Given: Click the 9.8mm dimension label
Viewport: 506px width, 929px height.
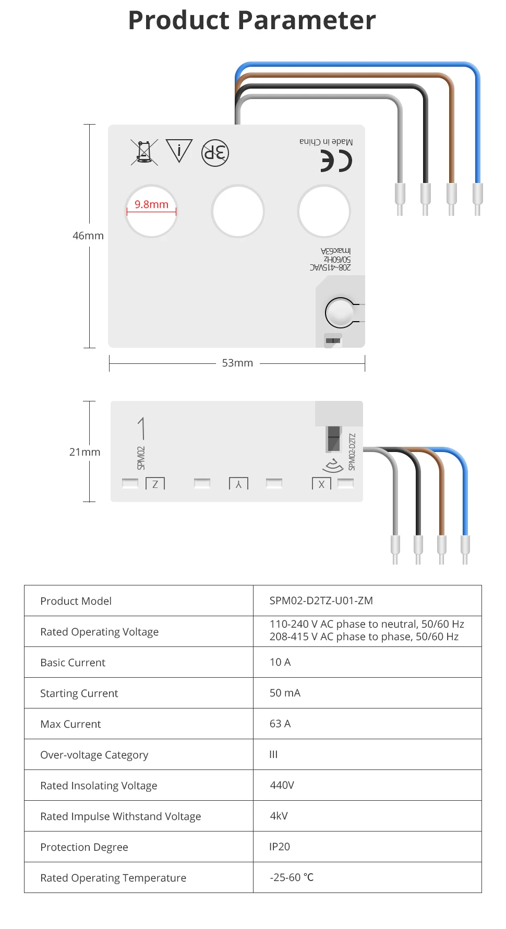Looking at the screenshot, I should point(151,204).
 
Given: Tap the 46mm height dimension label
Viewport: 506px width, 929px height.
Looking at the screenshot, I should point(88,236).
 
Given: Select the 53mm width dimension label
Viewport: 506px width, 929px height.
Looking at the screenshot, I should point(237,363).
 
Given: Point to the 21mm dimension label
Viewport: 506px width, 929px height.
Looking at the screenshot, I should point(85,452).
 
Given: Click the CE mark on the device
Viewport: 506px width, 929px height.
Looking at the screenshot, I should point(336,161).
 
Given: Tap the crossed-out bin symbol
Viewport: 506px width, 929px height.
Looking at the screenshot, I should point(144,152).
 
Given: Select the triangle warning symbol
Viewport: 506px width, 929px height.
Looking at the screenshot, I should point(179,151).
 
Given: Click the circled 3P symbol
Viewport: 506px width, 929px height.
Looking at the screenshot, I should point(215,153).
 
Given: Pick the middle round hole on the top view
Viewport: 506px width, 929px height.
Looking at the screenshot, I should point(238,211).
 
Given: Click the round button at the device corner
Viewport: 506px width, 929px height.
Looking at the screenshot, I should point(340,313).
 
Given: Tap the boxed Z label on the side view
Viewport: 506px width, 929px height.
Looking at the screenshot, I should point(155,484).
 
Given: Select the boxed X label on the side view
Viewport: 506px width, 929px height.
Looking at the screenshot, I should point(321,484).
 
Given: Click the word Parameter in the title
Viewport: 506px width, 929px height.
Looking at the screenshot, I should point(307,21).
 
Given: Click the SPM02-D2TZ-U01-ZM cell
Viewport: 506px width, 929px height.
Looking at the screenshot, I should point(321,601).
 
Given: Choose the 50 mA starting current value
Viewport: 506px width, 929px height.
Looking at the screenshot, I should point(285,693).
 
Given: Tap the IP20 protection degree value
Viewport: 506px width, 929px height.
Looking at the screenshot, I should point(280,847).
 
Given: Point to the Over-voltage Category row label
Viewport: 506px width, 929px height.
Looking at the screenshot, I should point(94,755).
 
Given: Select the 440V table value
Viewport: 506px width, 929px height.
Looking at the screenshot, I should point(282,785).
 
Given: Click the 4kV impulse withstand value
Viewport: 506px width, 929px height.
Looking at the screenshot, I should point(279,816).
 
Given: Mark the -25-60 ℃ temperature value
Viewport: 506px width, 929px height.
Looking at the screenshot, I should point(292,877).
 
